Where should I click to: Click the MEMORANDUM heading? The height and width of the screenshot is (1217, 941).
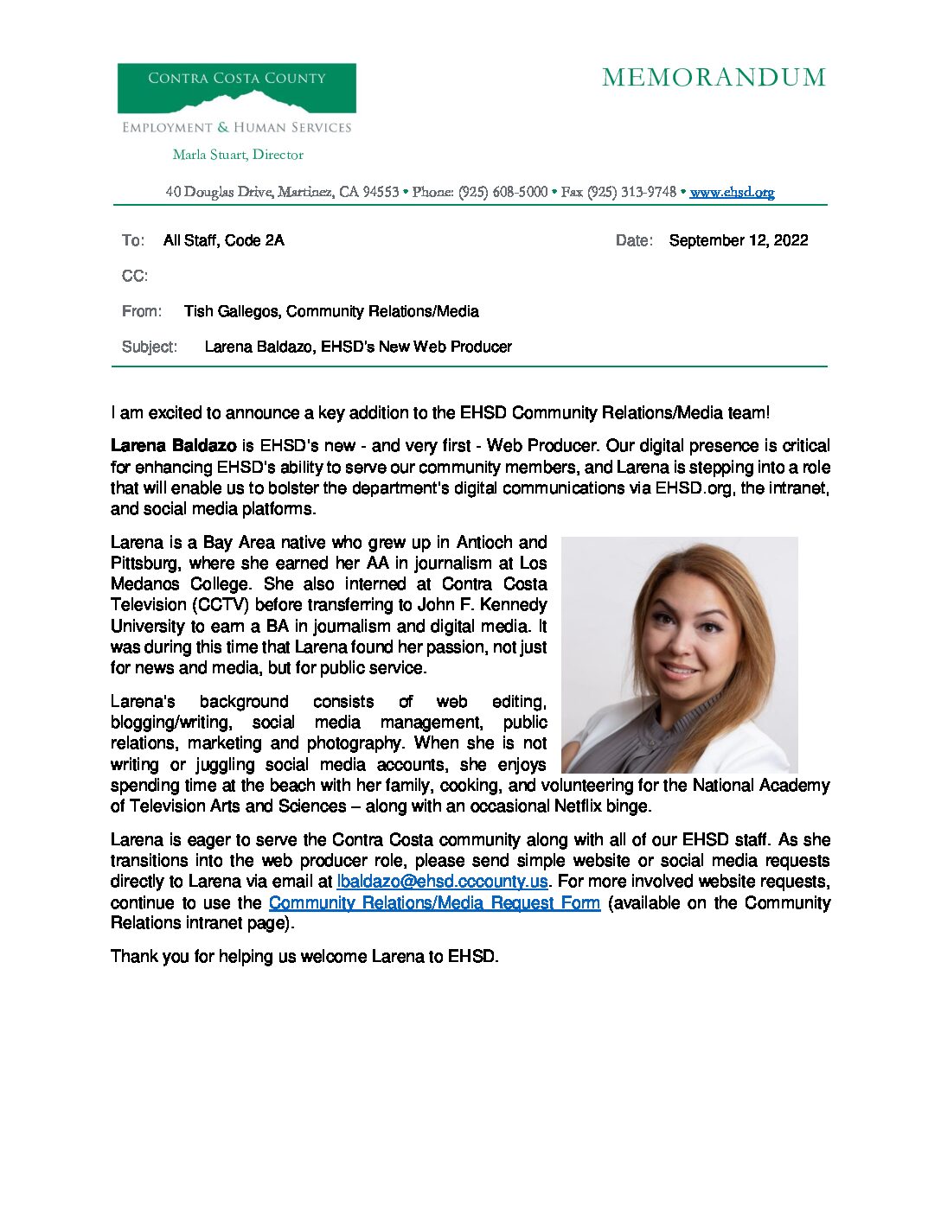coord(714,78)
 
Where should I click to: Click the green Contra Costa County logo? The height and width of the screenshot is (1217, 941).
coord(236,88)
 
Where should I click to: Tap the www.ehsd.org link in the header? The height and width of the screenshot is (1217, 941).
coord(732,192)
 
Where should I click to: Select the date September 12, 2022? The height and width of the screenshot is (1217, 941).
coord(738,240)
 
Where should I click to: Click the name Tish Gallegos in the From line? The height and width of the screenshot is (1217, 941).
coord(231,311)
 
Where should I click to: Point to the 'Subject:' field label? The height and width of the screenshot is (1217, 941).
coord(150,347)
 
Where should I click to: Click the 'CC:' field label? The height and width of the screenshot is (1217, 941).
coord(134,276)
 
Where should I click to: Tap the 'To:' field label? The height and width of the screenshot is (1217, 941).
coord(132,240)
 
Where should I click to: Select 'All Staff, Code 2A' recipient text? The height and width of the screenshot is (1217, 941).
coord(223,240)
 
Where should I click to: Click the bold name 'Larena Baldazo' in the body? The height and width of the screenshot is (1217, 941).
coord(173,446)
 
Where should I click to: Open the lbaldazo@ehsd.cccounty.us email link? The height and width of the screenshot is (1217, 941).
coord(442,882)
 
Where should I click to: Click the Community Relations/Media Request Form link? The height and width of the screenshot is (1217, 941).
coord(434,902)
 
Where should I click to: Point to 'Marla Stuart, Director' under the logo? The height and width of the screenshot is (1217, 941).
coord(238,155)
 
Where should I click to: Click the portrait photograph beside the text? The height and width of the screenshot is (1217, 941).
coord(679,654)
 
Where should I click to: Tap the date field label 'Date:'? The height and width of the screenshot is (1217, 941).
coord(634,240)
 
